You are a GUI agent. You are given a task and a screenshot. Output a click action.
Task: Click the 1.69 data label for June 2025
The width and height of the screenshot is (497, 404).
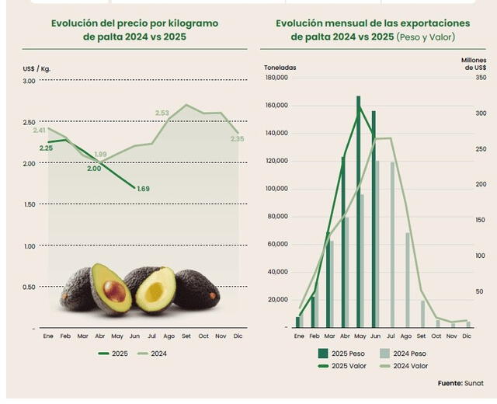point(143,189)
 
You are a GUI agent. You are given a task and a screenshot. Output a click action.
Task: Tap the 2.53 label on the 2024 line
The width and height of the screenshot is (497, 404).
point(162,113)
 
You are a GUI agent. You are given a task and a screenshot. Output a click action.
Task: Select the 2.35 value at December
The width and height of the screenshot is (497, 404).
point(237,139)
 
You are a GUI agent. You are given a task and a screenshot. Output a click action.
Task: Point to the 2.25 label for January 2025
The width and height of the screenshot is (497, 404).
point(46,148)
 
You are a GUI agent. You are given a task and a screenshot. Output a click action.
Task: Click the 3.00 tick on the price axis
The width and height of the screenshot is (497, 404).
point(29,80)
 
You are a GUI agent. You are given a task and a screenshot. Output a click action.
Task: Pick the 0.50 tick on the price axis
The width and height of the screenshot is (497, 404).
point(29,287)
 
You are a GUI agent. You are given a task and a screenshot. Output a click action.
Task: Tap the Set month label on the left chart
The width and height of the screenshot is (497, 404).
point(186,336)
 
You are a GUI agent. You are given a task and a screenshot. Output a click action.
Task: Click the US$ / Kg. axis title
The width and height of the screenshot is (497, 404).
point(36,70)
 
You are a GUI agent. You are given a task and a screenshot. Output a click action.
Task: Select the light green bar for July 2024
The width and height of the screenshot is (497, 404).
point(392,244)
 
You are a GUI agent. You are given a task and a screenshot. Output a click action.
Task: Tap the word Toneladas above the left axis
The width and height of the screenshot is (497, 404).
point(280,68)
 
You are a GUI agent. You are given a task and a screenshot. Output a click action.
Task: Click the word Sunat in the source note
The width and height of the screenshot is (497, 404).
point(476,383)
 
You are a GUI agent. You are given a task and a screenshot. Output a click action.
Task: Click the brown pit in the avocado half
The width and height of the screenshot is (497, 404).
point(114,291)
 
